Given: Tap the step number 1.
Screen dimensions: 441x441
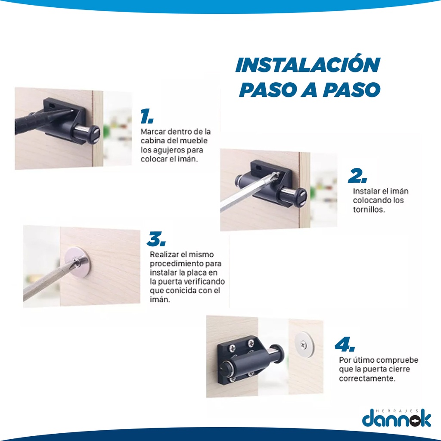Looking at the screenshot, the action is click(x=147, y=116).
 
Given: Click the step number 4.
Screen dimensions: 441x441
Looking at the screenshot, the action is click(x=345, y=344).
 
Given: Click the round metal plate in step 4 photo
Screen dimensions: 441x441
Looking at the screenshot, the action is click(x=304, y=345).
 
